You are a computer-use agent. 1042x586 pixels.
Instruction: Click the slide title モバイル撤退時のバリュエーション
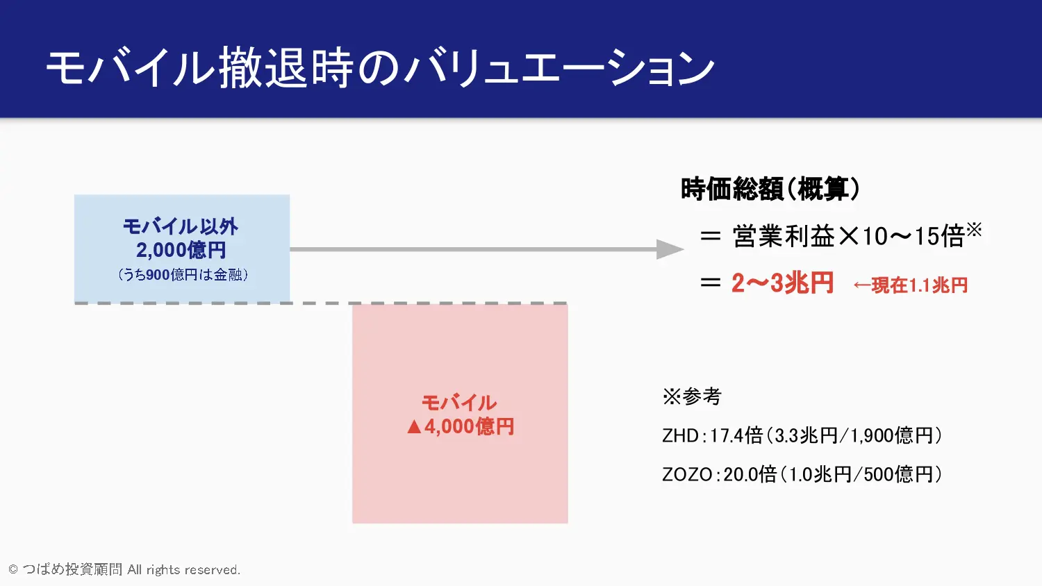coord(380,68)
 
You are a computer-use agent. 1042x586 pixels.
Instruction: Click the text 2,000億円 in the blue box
coord(181,250)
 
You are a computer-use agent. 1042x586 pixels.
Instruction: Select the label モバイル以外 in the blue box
coord(181,227)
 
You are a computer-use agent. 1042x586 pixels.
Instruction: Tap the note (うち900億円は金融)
coord(182,275)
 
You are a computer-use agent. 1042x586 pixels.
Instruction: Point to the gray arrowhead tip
coord(684,249)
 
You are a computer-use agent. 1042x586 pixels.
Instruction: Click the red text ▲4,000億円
coord(461,426)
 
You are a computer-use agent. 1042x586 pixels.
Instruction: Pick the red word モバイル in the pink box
coord(459,403)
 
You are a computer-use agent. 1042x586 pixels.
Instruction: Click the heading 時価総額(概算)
coord(770,190)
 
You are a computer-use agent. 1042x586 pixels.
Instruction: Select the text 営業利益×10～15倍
coord(848,236)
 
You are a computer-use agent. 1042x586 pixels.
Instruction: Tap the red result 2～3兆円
coord(782,283)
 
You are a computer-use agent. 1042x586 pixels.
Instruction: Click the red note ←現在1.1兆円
coord(910,285)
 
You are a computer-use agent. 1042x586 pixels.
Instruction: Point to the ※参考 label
coord(692,396)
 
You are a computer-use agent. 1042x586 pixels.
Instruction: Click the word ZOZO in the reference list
coord(687,475)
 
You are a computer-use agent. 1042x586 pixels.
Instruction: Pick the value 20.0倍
coord(750,475)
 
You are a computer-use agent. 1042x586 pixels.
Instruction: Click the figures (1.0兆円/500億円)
coord(860,475)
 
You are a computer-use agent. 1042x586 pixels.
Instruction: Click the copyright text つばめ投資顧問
coord(72,569)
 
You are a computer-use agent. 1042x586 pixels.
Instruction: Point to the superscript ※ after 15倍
coord(974,230)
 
